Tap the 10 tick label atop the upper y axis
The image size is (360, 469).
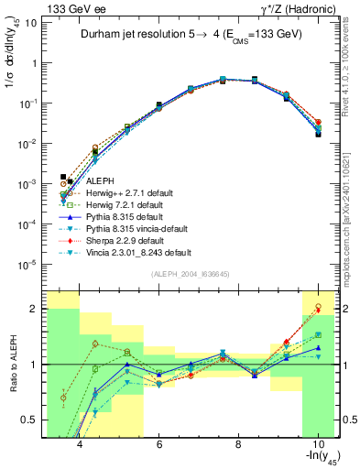pyautogui.click(x=31, y=23)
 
